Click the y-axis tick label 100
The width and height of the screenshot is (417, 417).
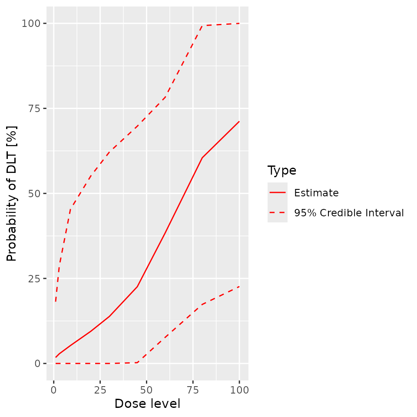click(32, 23)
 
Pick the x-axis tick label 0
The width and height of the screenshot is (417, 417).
click(54, 389)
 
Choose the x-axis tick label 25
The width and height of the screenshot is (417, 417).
click(100, 389)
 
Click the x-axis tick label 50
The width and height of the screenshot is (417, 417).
click(146, 389)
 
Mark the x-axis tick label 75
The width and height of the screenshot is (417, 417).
click(193, 389)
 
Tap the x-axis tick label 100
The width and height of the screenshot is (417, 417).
click(239, 389)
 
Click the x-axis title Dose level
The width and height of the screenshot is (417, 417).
click(147, 404)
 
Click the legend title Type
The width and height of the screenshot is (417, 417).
click(282, 171)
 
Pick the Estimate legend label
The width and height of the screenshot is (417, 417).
click(316, 193)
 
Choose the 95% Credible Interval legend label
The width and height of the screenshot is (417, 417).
click(349, 213)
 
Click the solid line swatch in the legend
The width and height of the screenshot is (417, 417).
click(277, 192)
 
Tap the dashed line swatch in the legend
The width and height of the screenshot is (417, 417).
click(277, 212)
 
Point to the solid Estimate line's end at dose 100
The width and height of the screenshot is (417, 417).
click(239, 121)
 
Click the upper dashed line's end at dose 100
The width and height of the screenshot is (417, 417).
click(239, 23)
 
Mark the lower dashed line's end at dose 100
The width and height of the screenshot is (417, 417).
click(239, 286)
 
